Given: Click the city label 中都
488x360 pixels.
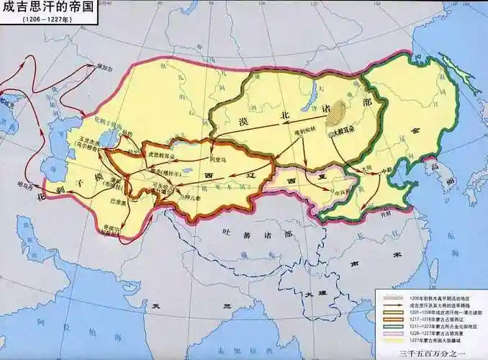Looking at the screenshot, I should click(x=387, y=171).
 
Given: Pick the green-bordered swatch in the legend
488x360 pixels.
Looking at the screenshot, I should click(x=384, y=325).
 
